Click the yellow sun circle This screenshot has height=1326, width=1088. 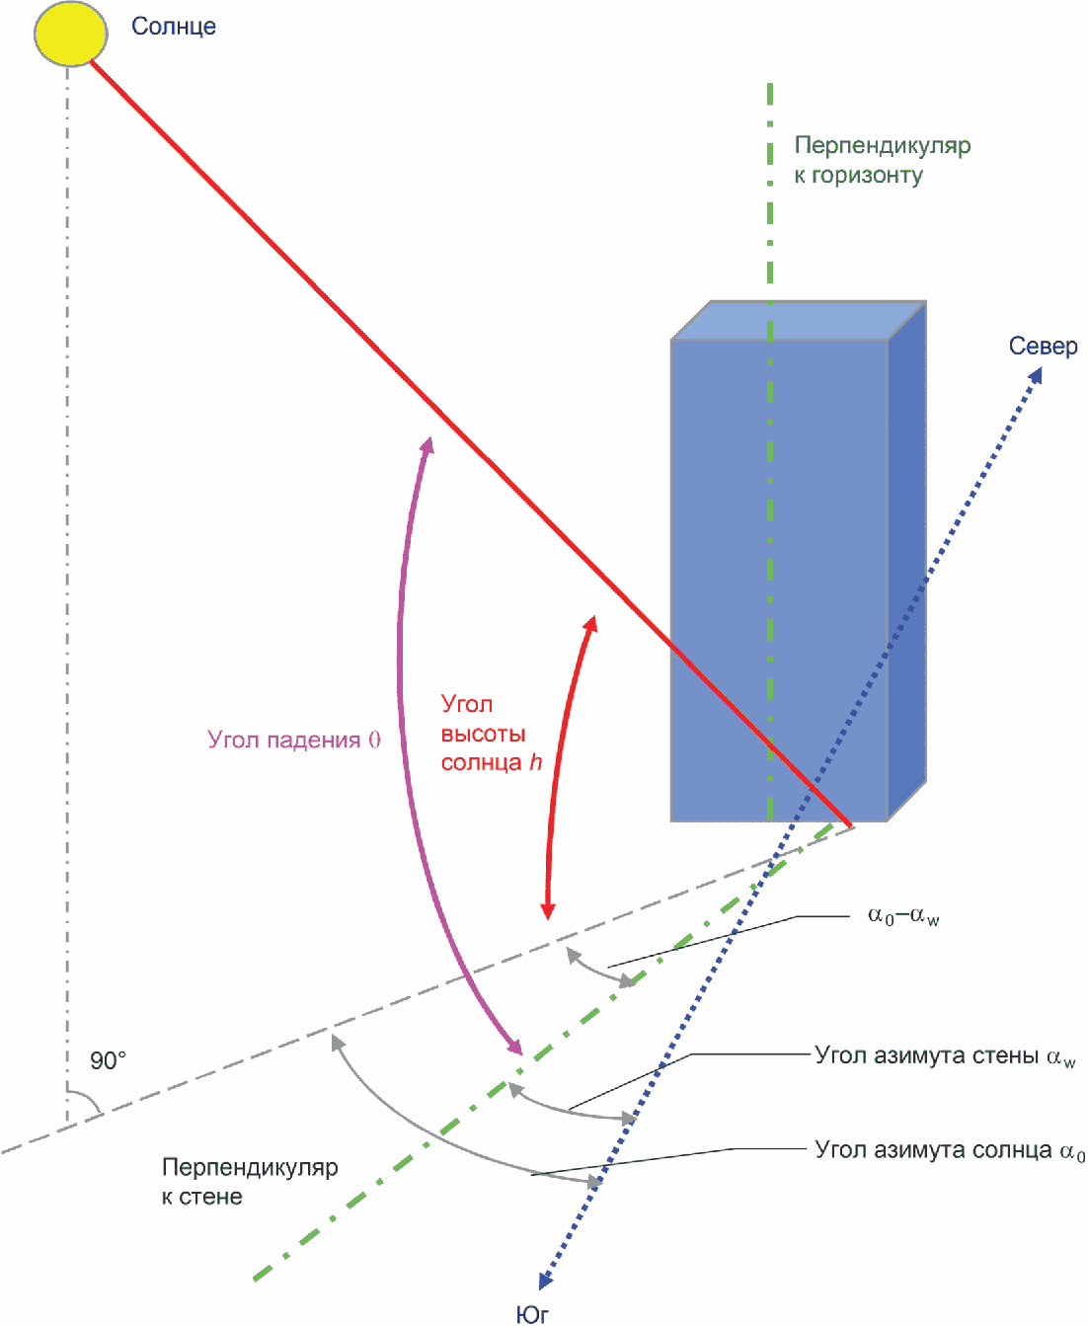[x=70, y=34]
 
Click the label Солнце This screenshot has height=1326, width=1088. [x=174, y=27]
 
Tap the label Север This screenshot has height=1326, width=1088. [x=1043, y=347]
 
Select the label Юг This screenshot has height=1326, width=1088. [x=532, y=1313]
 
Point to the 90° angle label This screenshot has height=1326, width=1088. [x=109, y=1060]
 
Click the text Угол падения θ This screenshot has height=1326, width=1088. [x=293, y=740]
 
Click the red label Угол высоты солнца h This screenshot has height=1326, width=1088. [x=491, y=734]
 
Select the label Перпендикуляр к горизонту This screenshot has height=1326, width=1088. [x=882, y=160]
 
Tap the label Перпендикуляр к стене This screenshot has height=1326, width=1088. [x=250, y=1182]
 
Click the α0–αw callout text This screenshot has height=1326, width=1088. [x=902, y=916]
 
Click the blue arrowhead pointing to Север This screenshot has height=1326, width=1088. [x=1035, y=376]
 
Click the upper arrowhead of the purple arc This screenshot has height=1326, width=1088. [x=427, y=445]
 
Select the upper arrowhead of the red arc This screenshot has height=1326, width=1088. [x=590, y=624]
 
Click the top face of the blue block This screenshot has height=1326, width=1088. [x=798, y=321]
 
